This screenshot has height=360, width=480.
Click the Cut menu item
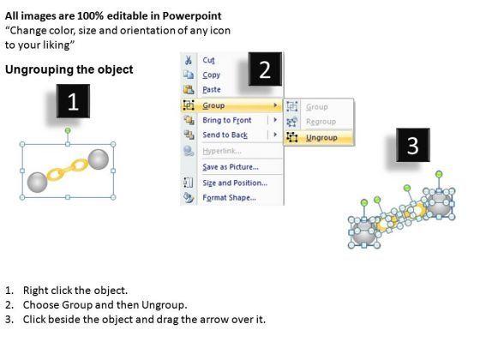pos(208,60)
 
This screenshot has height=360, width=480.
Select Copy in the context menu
pos(211,75)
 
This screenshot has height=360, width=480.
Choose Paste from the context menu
pos(212,89)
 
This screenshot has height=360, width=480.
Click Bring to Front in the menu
pos(227,120)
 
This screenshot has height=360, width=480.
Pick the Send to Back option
pos(225,135)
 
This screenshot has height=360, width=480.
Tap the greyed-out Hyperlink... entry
pos(222,151)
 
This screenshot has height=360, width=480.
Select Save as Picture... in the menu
pos(231,167)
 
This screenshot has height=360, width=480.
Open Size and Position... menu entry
pos(235,183)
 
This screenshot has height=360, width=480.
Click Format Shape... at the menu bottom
pos(230,198)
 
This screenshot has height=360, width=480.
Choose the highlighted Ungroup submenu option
pos(321,138)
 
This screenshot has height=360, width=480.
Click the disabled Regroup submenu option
pos(321,122)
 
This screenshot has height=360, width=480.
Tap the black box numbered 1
pos(73,101)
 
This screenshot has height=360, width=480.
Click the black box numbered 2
pos(265,69)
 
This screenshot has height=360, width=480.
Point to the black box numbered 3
pos(413,145)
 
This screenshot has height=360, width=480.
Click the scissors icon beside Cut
pos(189,60)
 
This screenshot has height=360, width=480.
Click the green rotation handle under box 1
pos(68,130)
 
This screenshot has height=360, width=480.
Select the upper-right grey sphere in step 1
pos(99,159)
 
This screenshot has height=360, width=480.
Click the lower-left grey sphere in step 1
pos(38,183)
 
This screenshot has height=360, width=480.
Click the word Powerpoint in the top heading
pos(192,16)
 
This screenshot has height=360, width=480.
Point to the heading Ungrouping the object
pos(69,69)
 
